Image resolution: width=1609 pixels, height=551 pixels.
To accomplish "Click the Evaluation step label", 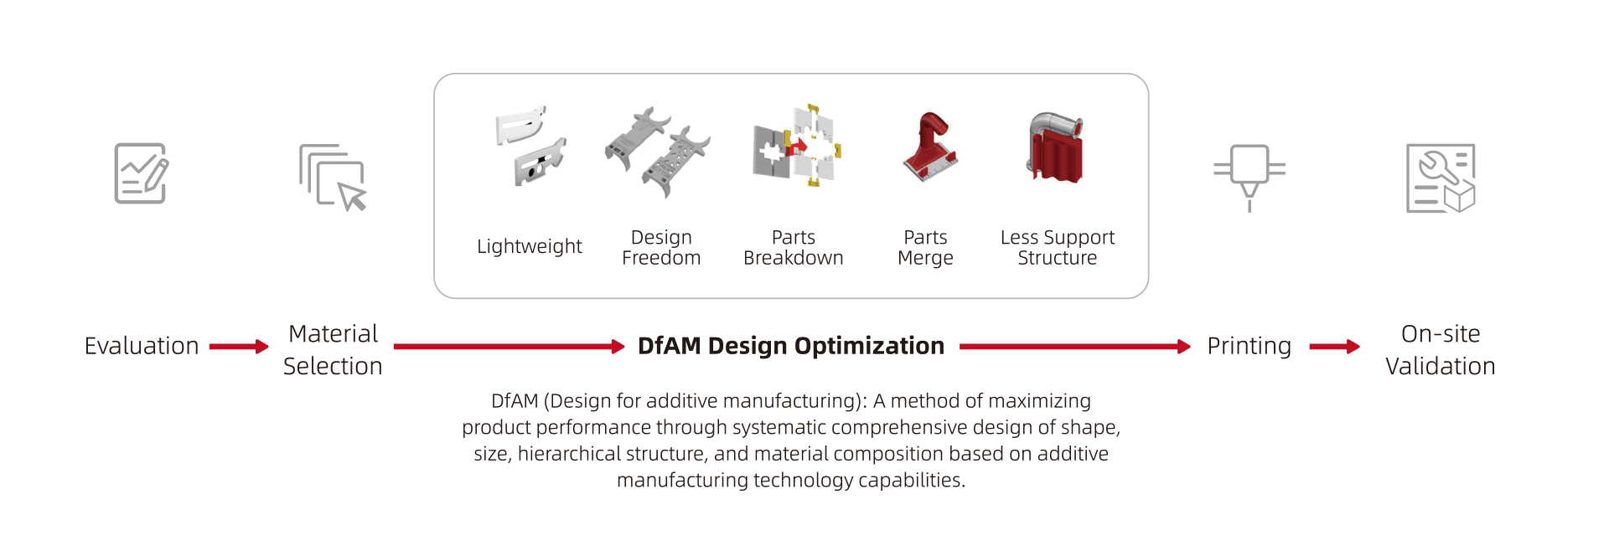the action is [142, 346].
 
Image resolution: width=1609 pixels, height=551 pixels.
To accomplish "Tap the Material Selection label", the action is [333, 350].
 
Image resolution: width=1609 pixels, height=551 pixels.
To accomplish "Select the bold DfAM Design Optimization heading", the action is [791, 346].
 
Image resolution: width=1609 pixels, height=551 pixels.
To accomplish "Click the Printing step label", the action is [1249, 347].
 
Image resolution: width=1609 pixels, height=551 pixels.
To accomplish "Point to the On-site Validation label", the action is [1441, 350].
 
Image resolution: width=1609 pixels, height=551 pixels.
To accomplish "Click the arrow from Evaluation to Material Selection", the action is [239, 347].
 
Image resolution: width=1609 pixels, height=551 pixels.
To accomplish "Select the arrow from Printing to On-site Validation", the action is [1334, 347].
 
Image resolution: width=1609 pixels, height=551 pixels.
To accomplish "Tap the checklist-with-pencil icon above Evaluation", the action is [141, 173].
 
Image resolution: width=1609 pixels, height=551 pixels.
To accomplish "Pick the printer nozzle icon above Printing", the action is [1249, 178].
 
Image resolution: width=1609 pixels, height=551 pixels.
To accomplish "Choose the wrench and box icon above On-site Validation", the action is [1441, 178].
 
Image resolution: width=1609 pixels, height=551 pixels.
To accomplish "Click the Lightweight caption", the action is [530, 247].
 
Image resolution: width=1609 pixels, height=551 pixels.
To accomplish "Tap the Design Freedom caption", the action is [661, 248].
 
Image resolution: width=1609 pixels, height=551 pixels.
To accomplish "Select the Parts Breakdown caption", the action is [794, 248].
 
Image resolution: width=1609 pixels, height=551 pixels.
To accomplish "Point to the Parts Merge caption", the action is [925, 248].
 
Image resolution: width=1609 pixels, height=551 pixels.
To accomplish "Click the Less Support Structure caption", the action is [1058, 248].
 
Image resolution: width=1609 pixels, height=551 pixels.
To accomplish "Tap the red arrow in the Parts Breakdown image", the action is [797, 147].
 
